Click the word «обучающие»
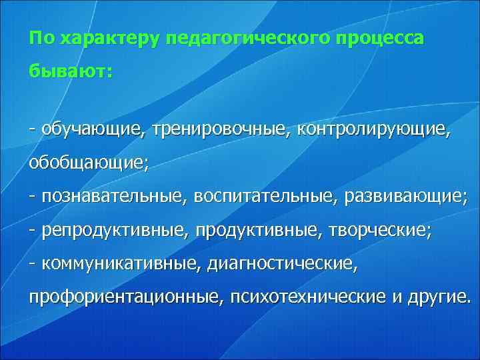click(x=91, y=127)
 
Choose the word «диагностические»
click(x=282, y=265)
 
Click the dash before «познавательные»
click(x=32, y=197)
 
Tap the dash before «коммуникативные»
click(x=32, y=265)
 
